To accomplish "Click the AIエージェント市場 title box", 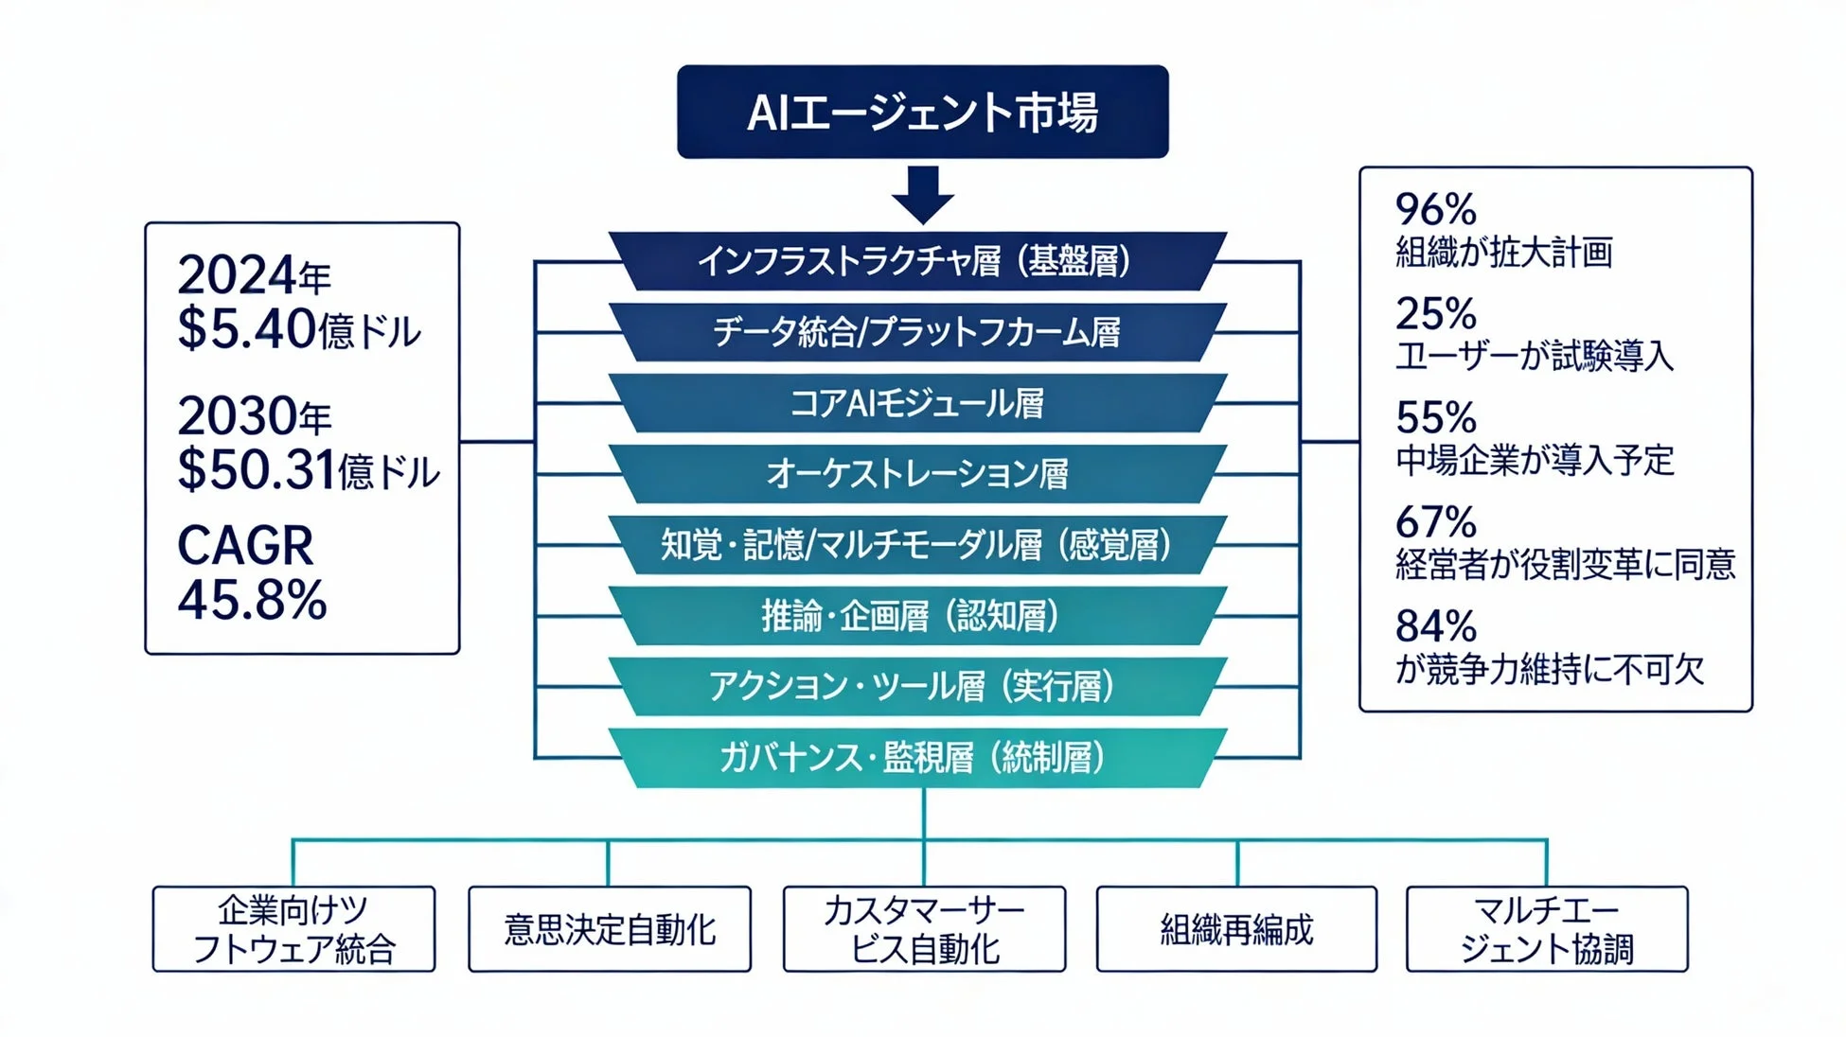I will coord(922,112).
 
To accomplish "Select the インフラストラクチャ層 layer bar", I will coord(916,261).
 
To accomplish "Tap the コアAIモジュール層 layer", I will coord(916,403).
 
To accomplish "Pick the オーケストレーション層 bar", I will coord(916,473).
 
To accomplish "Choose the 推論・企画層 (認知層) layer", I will coord(916,616).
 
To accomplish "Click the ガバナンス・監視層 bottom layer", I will coord(916,758).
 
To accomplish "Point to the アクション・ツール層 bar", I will coord(916,687).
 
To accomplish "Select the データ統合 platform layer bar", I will coord(916,332).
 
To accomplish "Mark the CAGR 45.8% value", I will coord(252,600).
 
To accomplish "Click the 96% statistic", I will coord(1435,209).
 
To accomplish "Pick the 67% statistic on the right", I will coord(1435,522).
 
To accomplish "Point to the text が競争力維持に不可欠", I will coord(1549,670).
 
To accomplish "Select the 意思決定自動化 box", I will coord(610,929).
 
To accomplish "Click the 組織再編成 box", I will coord(1236,929).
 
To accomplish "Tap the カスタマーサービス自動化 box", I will coord(924,929).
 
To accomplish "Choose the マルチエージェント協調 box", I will coord(1547,929).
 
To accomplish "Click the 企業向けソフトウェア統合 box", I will coord(293,929).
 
